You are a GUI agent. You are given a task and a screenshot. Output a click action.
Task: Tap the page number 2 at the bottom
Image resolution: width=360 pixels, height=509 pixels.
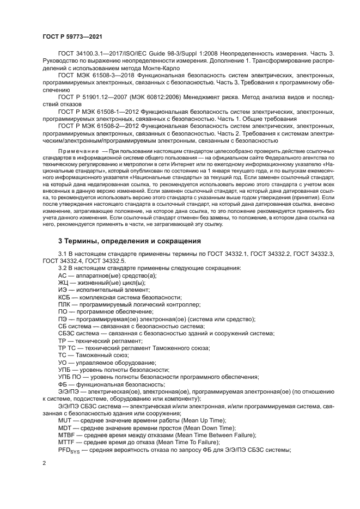pyautogui.click(x=44, y=463)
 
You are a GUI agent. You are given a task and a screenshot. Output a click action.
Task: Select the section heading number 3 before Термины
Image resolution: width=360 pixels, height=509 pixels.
pyautogui.click(x=60, y=241)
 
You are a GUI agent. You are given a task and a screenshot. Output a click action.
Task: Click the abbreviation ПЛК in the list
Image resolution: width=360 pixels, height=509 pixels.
pyautogui.click(x=64, y=305)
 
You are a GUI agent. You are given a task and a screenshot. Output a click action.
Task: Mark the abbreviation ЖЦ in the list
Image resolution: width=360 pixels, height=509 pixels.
pyautogui.click(x=63, y=283)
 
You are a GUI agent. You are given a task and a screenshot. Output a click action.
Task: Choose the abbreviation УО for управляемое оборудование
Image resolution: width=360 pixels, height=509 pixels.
pyautogui.click(x=63, y=362)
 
